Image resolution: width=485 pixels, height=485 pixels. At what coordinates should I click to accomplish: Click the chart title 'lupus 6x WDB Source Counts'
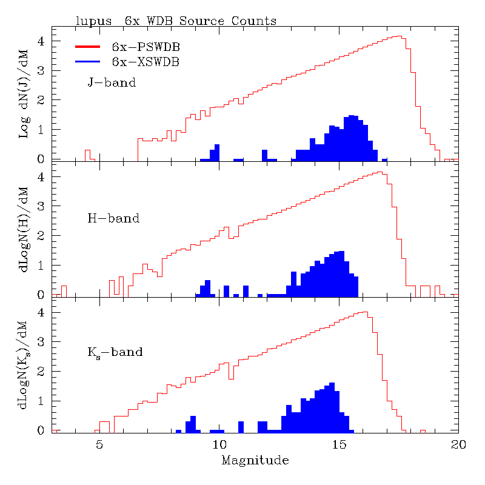click(x=176, y=21)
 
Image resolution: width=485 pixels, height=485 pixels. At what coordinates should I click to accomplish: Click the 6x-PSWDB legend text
click(x=145, y=47)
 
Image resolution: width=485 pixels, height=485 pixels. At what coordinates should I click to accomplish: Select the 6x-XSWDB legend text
click(x=145, y=61)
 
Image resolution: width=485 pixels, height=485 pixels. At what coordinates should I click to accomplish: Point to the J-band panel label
click(x=112, y=82)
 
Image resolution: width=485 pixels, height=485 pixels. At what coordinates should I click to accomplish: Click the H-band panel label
click(x=113, y=218)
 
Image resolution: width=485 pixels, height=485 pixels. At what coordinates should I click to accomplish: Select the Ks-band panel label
click(x=115, y=352)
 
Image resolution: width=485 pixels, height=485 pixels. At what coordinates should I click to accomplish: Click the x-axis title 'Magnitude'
click(x=255, y=460)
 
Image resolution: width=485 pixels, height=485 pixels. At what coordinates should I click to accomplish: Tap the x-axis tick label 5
click(x=99, y=444)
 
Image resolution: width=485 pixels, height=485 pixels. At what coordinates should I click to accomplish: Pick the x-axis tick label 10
click(x=219, y=444)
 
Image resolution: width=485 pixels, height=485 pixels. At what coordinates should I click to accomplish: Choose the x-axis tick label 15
click(x=339, y=444)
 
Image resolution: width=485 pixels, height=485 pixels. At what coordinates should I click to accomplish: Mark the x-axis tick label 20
click(x=458, y=444)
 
